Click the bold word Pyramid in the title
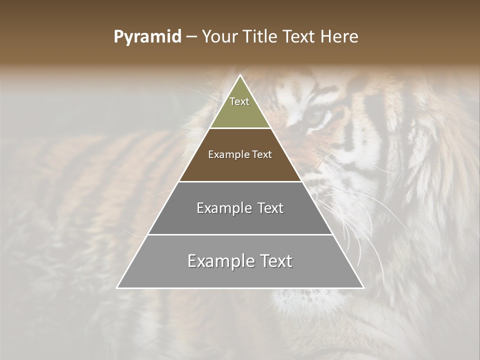(x=147, y=37)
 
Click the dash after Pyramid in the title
(x=191, y=37)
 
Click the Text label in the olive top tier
(x=239, y=101)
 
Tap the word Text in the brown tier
(x=262, y=155)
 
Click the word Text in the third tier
(x=270, y=208)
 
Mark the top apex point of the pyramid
(x=240, y=75)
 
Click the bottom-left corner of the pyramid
(x=117, y=288)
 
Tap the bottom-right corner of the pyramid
(x=363, y=288)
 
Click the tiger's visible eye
(x=315, y=117)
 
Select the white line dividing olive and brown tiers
(x=240, y=128)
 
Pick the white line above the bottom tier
(x=240, y=234)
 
